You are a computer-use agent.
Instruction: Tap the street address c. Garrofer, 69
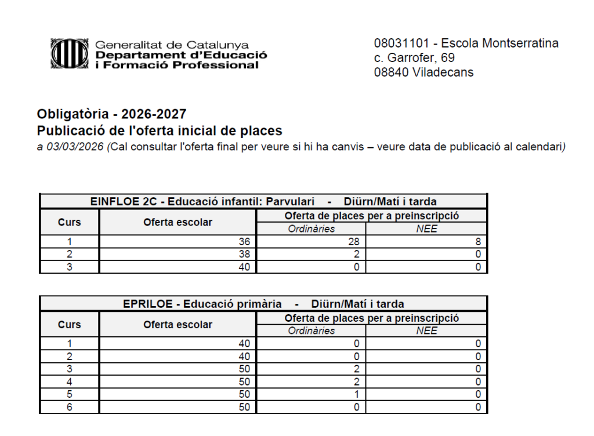click(x=414, y=58)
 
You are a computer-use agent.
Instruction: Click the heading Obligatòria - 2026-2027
click(x=111, y=114)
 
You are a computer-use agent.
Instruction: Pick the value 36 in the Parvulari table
click(x=244, y=241)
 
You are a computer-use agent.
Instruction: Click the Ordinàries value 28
click(x=354, y=241)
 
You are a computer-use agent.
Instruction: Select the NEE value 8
click(x=477, y=241)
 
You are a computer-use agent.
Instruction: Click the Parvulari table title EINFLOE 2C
click(x=123, y=202)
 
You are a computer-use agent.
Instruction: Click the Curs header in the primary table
click(x=70, y=325)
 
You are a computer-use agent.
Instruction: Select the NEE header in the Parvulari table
click(x=426, y=229)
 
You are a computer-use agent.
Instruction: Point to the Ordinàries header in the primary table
click(x=311, y=331)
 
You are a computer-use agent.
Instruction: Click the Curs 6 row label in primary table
click(x=70, y=407)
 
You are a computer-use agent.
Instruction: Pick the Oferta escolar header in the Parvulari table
click(x=178, y=222)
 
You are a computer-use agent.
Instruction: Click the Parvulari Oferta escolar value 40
click(x=244, y=267)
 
